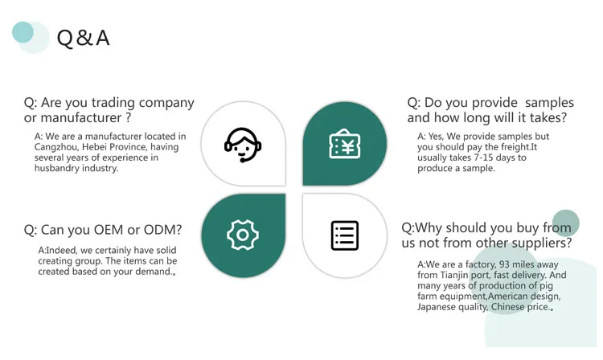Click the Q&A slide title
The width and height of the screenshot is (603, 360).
(82, 37)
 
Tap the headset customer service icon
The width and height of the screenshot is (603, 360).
(243, 145)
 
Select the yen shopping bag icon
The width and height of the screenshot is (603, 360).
(344, 145)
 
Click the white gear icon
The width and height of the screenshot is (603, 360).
(242, 235)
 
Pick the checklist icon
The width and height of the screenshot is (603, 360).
(344, 235)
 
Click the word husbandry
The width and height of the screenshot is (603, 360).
(61, 168)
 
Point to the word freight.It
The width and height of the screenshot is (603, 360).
(515, 147)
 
